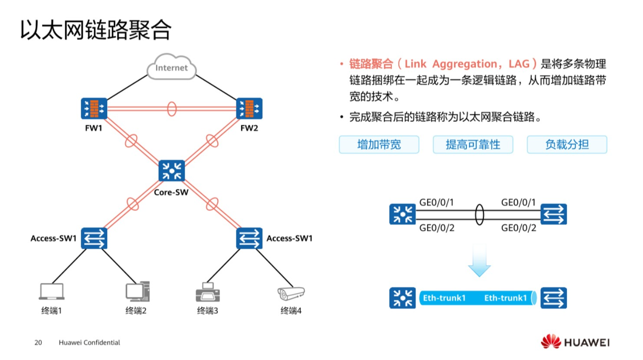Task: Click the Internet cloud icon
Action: tap(171, 68)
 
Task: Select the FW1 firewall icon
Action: tap(94, 109)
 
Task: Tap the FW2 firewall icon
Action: tap(249, 109)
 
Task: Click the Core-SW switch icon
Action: tap(172, 171)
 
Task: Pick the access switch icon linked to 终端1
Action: tap(94, 238)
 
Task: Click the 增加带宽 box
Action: tap(379, 144)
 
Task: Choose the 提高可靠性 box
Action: tap(473, 144)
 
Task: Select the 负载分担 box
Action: tap(567, 144)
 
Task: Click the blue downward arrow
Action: tap(479, 261)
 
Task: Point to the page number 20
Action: tap(38, 343)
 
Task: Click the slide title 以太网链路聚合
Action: tap(96, 30)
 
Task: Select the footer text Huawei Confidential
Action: tap(89, 343)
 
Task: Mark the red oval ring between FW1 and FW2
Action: tap(172, 109)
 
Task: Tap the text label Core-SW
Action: tap(171, 192)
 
